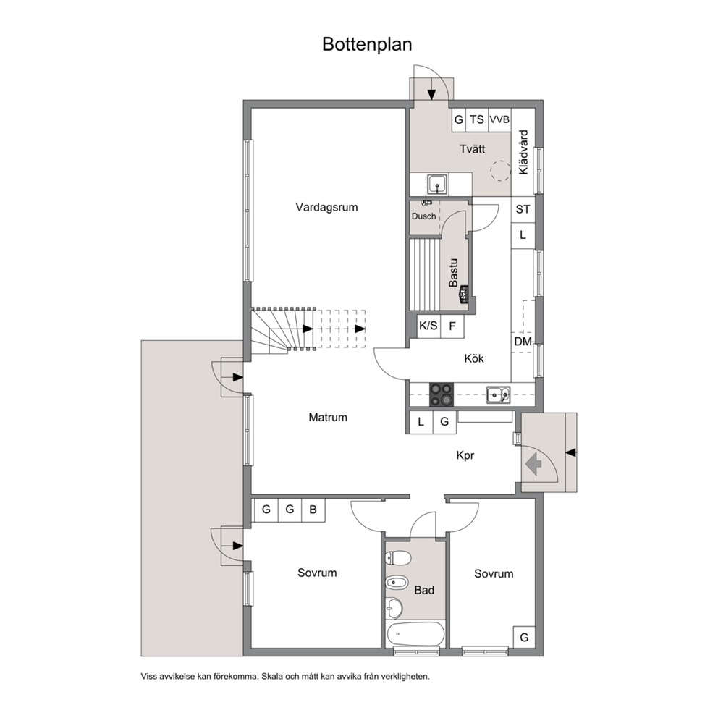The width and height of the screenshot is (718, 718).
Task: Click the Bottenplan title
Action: pyautogui.click(x=367, y=44)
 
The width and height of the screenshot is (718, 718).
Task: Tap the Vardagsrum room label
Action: pyautogui.click(x=326, y=207)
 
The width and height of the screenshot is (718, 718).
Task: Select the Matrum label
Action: pyautogui.click(x=328, y=417)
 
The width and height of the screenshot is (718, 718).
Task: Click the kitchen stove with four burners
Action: pyautogui.click(x=442, y=394)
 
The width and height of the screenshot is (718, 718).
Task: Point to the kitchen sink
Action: pyautogui.click(x=498, y=394)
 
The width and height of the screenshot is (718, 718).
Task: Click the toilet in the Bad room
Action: pyautogui.click(x=397, y=558)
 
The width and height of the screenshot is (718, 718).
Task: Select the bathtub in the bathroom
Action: pyautogui.click(x=415, y=633)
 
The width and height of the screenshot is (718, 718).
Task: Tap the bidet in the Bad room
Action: pyautogui.click(x=397, y=583)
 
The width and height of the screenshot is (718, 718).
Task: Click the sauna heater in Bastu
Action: pyautogui.click(x=463, y=295)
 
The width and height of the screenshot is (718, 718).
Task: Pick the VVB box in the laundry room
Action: pyautogui.click(x=499, y=119)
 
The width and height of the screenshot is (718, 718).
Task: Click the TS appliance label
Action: pyautogui.click(x=477, y=119)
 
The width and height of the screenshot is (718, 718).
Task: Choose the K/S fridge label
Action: pyautogui.click(x=428, y=326)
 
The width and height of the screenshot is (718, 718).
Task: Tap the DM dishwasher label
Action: pyautogui.click(x=523, y=342)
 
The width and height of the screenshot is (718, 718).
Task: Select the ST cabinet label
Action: pyautogui.click(x=523, y=209)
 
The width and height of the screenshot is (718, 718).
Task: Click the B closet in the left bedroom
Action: pyautogui.click(x=313, y=510)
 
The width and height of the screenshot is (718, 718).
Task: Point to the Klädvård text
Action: pyautogui.click(x=523, y=152)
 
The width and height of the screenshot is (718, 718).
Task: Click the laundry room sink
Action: pyautogui.click(x=437, y=184)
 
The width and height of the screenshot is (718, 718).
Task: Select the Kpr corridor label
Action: pyautogui.click(x=465, y=455)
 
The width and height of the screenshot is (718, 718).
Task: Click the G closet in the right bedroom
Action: pyautogui.click(x=524, y=637)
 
